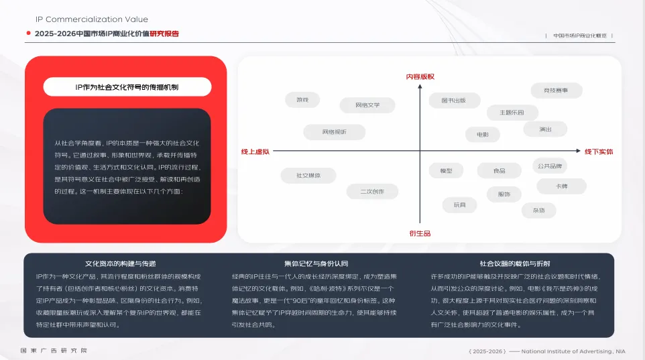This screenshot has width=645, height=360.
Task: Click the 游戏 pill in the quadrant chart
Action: pos(302,100)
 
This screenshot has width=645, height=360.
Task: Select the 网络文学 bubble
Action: pos(367,105)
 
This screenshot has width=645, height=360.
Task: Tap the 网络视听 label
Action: pos(334,132)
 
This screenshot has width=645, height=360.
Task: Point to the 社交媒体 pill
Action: pos(308,176)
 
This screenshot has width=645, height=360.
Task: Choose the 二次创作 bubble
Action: pos(372,192)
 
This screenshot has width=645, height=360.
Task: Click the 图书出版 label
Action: pos(453,101)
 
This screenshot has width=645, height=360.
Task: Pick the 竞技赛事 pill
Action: pos(556,90)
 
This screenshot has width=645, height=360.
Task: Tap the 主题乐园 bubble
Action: pos(511,113)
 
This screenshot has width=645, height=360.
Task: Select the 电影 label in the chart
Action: pos(483,135)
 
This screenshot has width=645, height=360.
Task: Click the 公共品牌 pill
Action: pos(550,166)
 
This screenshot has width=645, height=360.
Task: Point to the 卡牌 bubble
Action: pos(561,186)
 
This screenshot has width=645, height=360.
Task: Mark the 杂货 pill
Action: pos(538,211)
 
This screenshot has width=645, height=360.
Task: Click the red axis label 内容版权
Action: pos(420,77)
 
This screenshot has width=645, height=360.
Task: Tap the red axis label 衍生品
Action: pos(420,233)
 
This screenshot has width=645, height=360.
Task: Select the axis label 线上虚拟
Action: pos(255,152)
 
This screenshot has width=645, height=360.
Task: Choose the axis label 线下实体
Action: pos(599,152)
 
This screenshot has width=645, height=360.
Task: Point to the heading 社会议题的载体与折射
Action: pos(514,263)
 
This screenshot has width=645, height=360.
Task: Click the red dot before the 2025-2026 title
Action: pos(29,34)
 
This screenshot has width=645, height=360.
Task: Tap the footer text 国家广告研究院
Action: pos(54,351)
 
